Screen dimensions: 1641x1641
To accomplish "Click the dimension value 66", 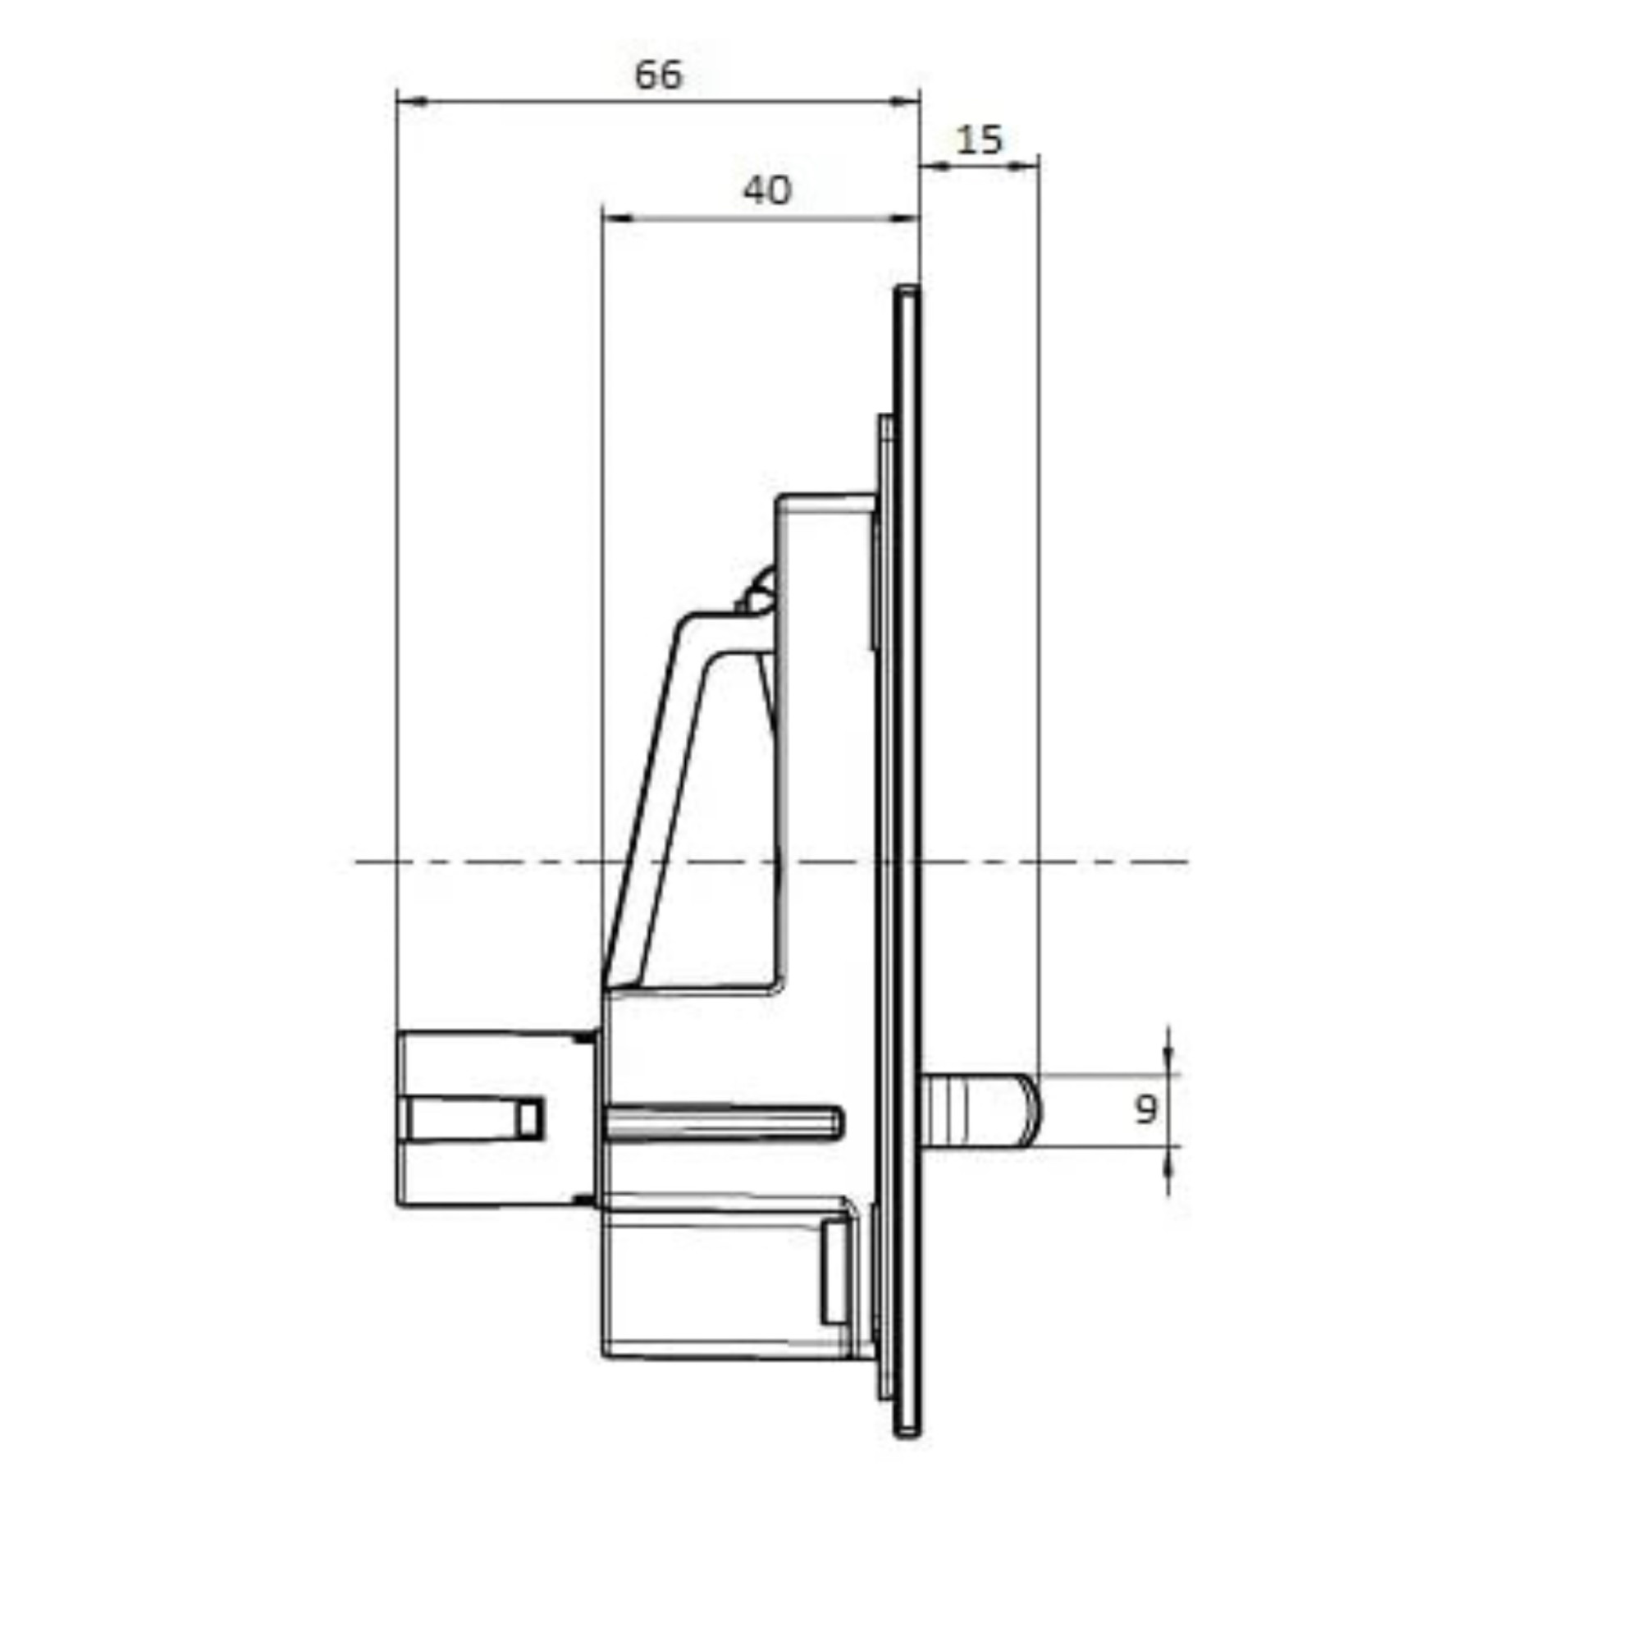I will [658, 75].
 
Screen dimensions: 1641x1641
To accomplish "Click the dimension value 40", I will [766, 190].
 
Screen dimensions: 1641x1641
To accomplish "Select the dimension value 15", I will [980, 140].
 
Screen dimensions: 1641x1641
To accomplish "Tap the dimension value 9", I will [1145, 1108].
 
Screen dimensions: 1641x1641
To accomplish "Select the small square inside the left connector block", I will [529, 1118].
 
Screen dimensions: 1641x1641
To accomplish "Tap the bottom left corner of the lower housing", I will [606, 1354].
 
